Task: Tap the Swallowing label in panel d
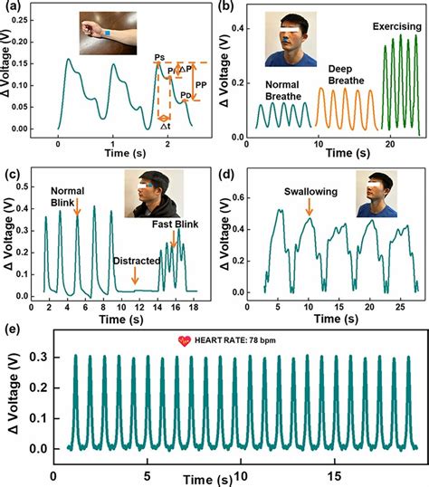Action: [307, 192]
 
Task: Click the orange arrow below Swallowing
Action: [310, 209]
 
